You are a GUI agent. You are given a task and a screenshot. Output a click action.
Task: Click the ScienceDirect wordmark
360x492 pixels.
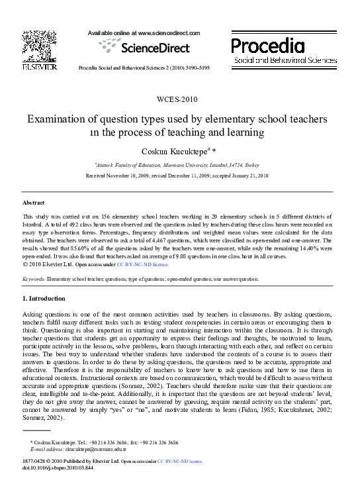pos(154,47)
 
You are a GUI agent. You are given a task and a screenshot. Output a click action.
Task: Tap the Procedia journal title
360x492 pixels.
pos(268,46)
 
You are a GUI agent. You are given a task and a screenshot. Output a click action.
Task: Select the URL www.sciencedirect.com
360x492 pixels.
pos(163,32)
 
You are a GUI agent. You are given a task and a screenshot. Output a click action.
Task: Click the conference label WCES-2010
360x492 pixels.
pos(180,99)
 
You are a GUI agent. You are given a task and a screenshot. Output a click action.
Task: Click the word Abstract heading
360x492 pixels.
pos(33,202)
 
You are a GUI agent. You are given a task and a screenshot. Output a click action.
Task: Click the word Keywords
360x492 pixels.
pos(34,279)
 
